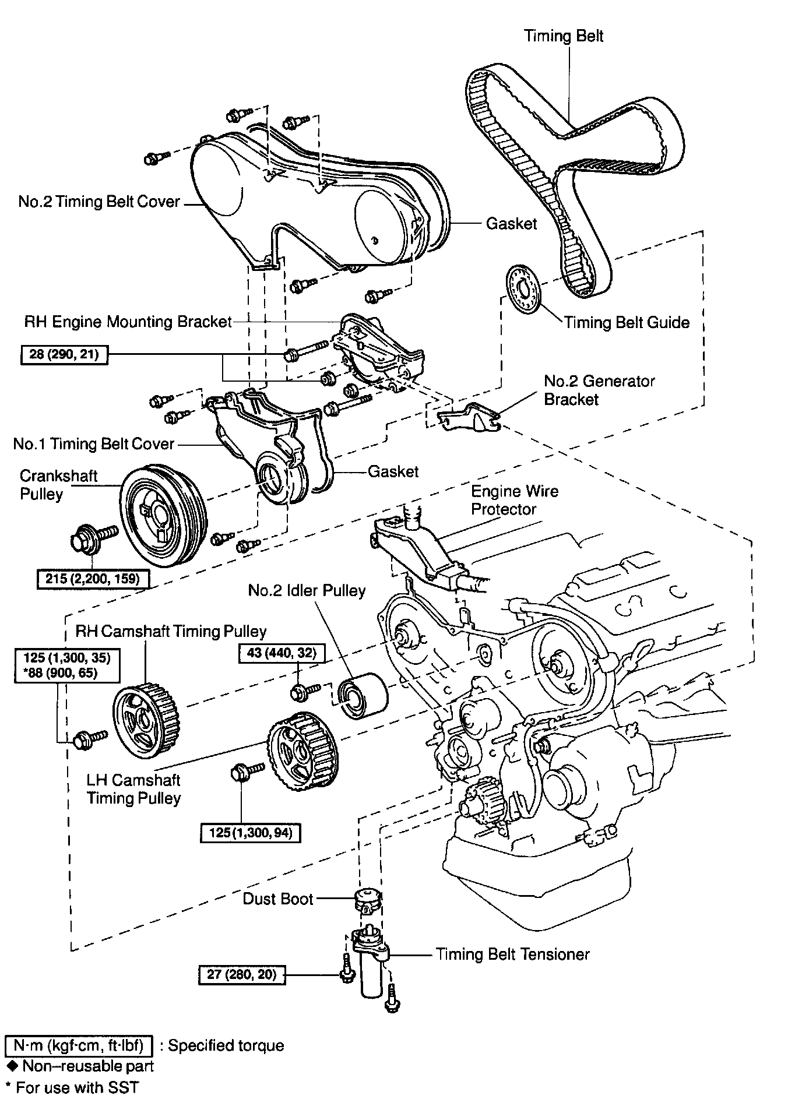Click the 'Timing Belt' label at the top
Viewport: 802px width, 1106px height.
(564, 36)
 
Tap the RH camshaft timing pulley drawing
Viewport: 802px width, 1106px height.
(145, 721)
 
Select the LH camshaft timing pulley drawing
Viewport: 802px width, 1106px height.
(302, 751)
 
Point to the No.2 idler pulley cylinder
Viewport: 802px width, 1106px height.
(362, 696)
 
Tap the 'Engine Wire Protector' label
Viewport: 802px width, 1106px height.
(515, 500)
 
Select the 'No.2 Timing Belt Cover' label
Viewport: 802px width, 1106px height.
(99, 202)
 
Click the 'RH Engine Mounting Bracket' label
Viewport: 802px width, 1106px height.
(128, 322)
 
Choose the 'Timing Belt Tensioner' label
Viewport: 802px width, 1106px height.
(513, 954)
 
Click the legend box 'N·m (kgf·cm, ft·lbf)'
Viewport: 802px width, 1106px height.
(78, 1045)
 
